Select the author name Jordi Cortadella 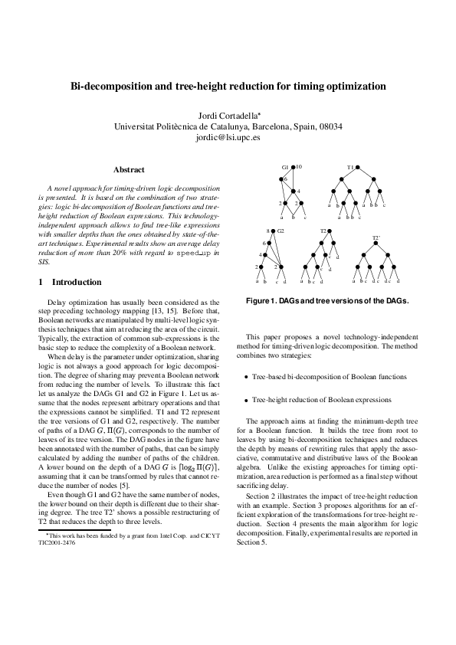click(228, 114)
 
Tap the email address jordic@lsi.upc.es click(228, 138)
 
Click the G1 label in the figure click(284, 166)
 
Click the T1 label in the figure click(349, 166)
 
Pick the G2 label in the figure click(281, 230)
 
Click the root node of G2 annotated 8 click(274, 231)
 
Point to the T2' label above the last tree click(376, 238)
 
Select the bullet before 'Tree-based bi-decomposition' click(245, 378)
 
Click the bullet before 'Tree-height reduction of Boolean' click(245, 400)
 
